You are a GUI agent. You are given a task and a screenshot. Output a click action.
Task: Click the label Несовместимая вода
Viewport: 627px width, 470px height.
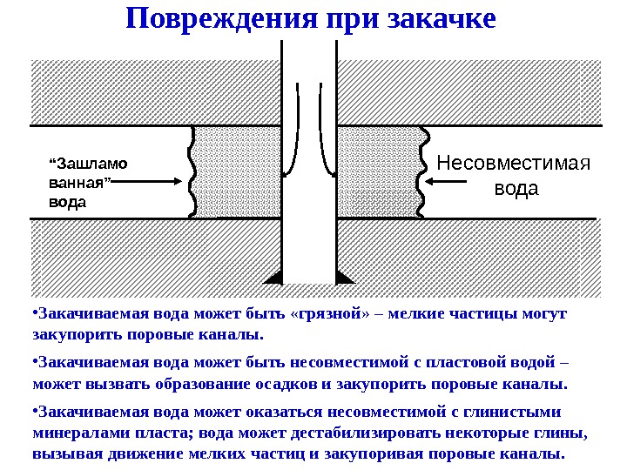coord(514,175)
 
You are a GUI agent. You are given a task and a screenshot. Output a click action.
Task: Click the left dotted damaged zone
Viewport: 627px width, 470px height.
coord(237,171)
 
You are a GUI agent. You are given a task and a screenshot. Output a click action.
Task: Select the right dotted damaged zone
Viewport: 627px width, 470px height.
coord(380,171)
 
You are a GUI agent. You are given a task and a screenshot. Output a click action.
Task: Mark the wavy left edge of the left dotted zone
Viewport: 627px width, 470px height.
coord(191,171)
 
